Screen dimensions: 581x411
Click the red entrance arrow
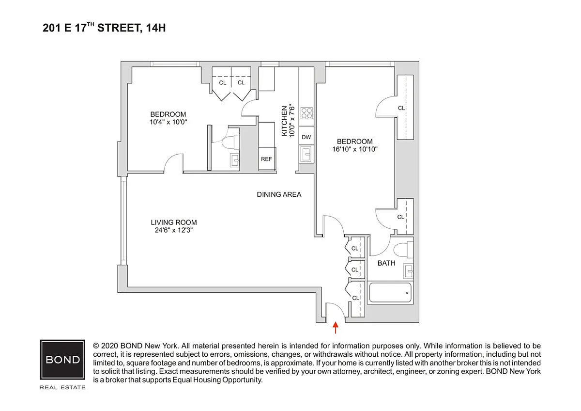click(336, 328)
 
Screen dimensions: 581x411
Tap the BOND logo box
click(62, 360)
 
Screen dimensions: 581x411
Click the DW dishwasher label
click(306, 137)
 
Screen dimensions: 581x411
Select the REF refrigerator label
click(266, 159)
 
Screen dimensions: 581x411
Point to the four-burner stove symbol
click(306, 113)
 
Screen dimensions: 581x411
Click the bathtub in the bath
click(390, 293)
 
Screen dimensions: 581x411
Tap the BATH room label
click(386, 263)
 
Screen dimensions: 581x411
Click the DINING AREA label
click(279, 194)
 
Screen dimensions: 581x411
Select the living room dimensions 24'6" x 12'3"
click(174, 230)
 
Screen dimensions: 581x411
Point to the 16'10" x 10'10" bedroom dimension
click(355, 149)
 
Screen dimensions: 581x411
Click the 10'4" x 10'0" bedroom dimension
click(168, 122)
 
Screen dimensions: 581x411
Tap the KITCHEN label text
click(285, 121)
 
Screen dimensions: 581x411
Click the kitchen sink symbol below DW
click(306, 154)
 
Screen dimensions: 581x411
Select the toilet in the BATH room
click(403, 250)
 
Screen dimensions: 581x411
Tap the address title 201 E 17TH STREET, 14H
click(104, 28)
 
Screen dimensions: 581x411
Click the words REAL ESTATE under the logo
click(62, 387)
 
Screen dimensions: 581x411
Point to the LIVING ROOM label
click(174, 222)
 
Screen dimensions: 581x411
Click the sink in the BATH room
click(409, 271)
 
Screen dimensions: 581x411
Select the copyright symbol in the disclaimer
click(96, 346)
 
